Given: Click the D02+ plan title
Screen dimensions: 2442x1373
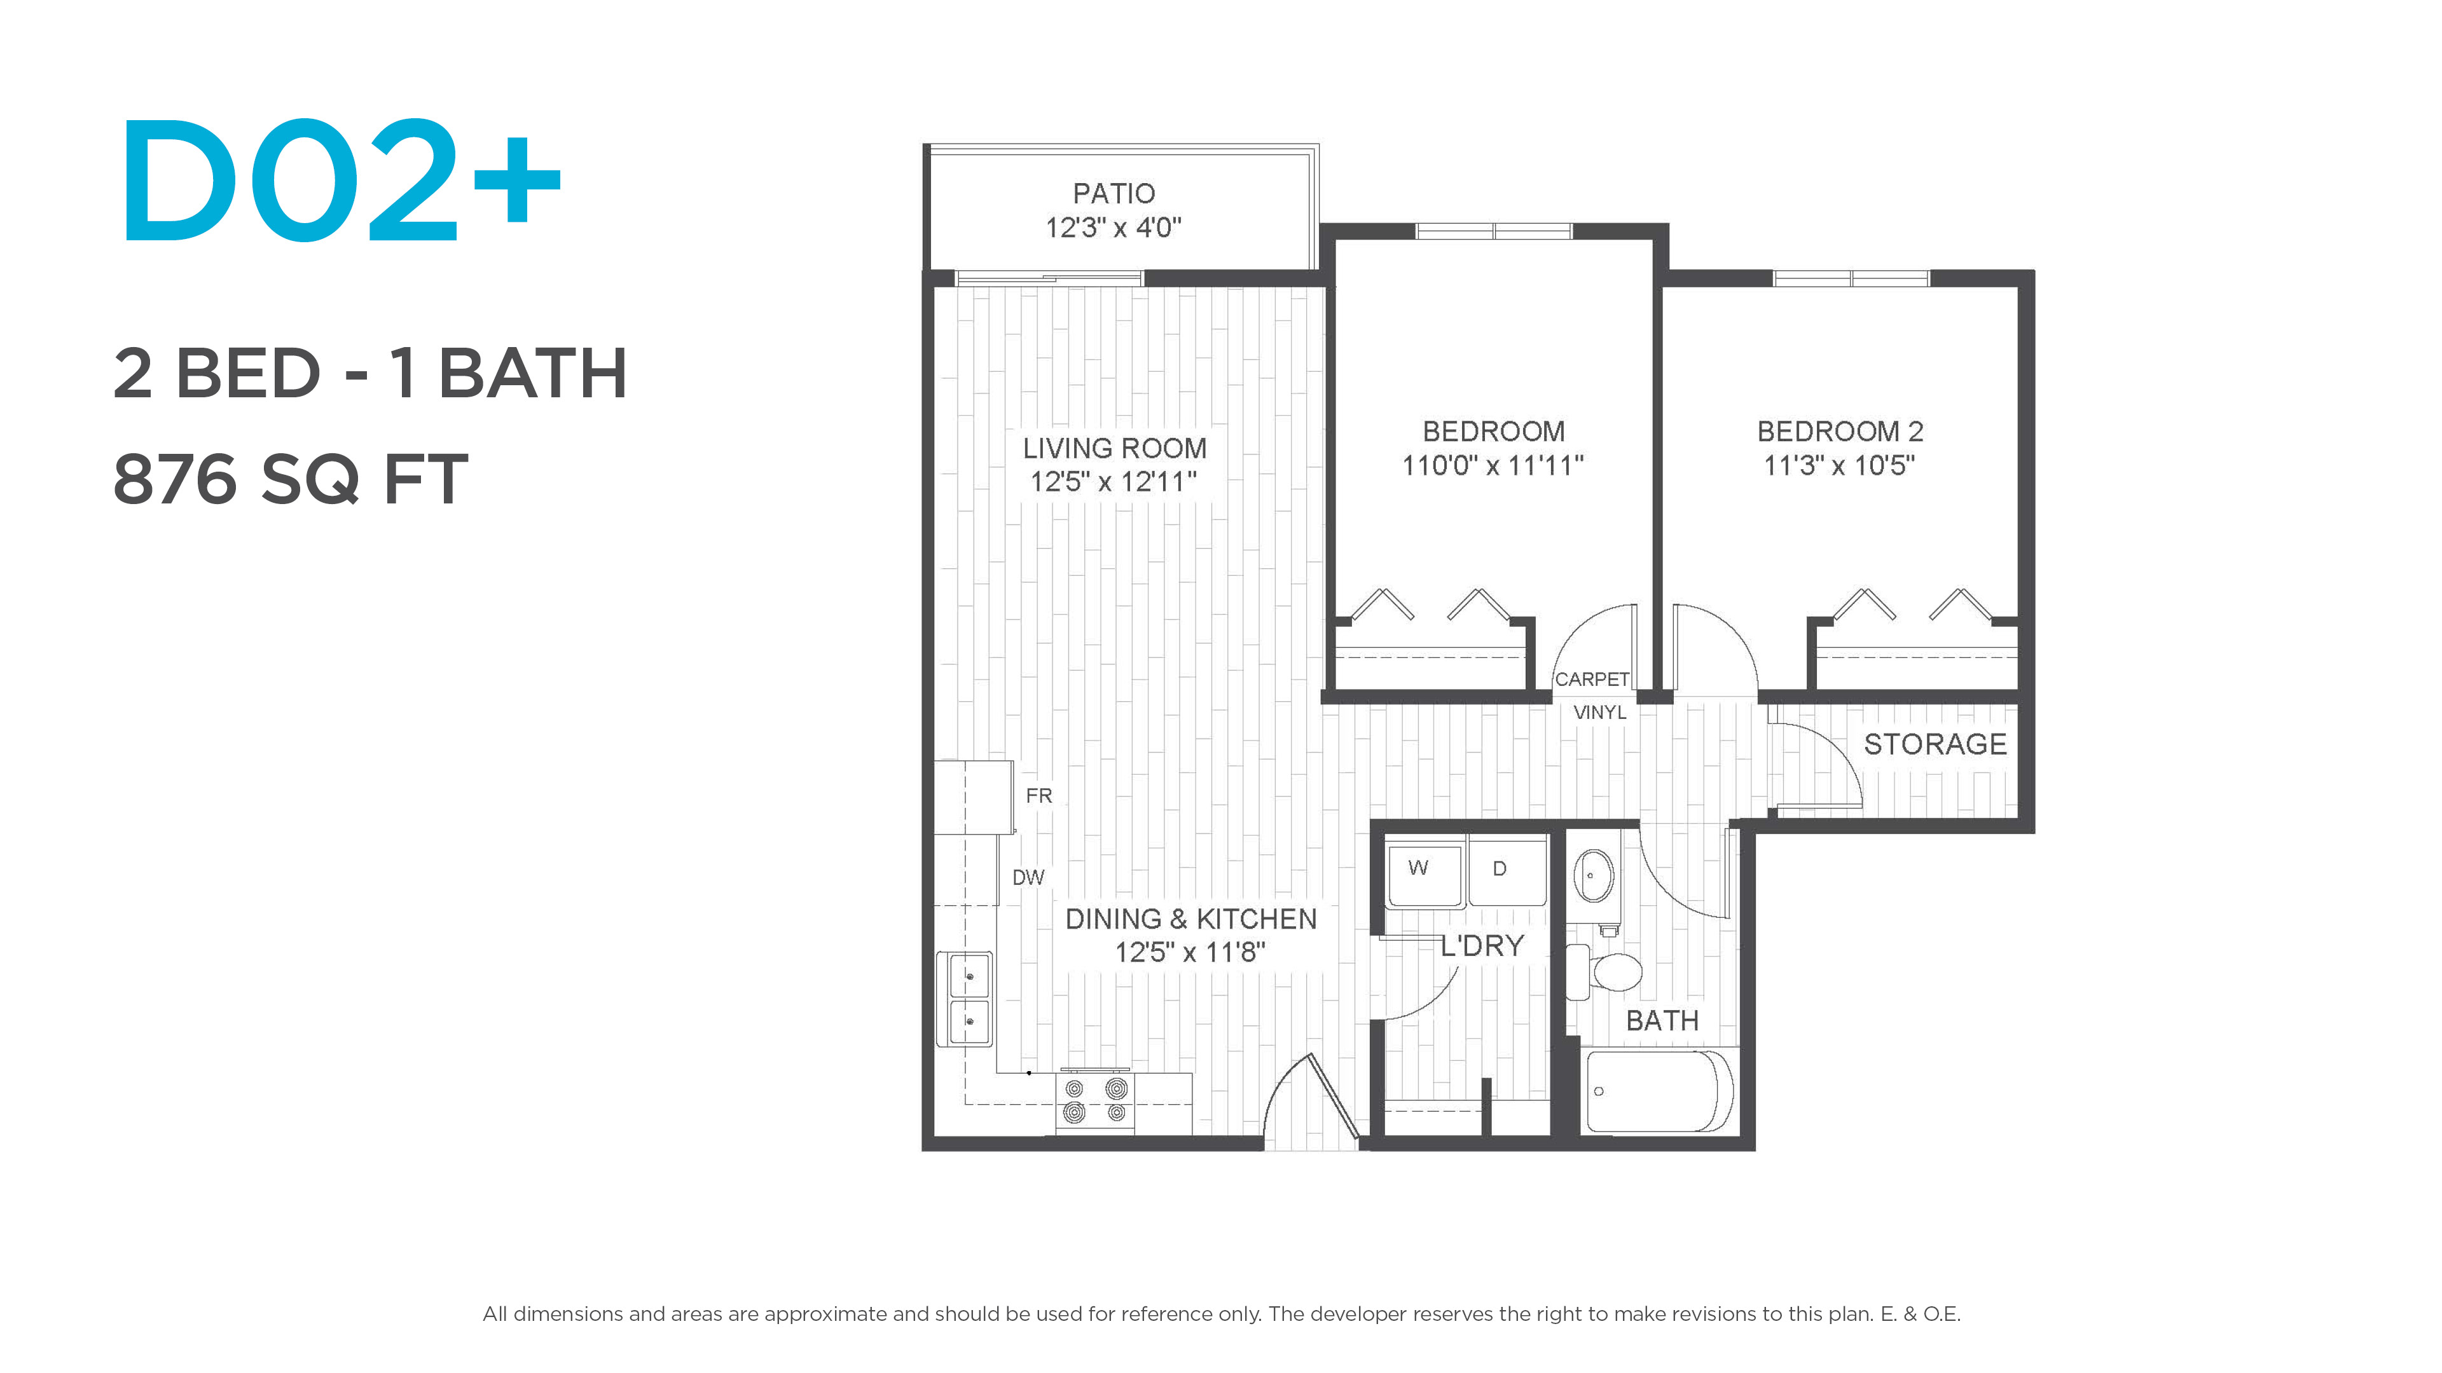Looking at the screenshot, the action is coord(341,180).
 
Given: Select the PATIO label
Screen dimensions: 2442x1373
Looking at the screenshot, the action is coord(1114,193).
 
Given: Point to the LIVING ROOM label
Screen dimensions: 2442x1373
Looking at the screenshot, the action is coord(1114,448).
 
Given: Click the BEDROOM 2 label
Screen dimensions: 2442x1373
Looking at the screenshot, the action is coord(1840,431).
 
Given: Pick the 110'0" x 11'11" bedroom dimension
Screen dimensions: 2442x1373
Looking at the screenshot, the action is coord(1493,466).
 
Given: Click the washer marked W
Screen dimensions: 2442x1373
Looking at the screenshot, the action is coord(1424,873).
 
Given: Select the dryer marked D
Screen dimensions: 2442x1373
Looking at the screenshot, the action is coord(1507,873).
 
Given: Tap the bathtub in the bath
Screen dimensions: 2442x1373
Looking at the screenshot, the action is coord(1660,1091).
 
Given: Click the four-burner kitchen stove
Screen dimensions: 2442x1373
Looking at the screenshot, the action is coord(1095,1100).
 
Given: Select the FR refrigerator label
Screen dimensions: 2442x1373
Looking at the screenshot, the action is coord(1039,796).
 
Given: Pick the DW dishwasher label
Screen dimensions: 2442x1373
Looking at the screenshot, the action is coord(1028,877).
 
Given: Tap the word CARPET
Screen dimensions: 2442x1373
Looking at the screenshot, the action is coord(1592,680).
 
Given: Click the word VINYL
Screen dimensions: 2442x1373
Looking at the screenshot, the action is coord(1600,713).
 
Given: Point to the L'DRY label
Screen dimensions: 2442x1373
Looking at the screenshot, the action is coord(1482,946).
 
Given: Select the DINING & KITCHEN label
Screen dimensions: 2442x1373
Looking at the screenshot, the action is coord(1190,919).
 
